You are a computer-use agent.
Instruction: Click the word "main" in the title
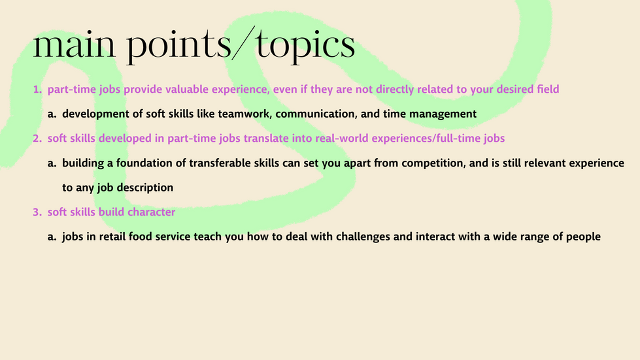click(75, 44)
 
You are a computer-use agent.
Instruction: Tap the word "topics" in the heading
click(305, 46)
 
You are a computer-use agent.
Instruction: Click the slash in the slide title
click(243, 43)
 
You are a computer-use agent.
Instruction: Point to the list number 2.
click(37, 139)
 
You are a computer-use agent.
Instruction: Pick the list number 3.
click(37, 212)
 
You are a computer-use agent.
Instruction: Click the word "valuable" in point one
click(187, 90)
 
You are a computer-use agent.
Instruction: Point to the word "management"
click(443, 114)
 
